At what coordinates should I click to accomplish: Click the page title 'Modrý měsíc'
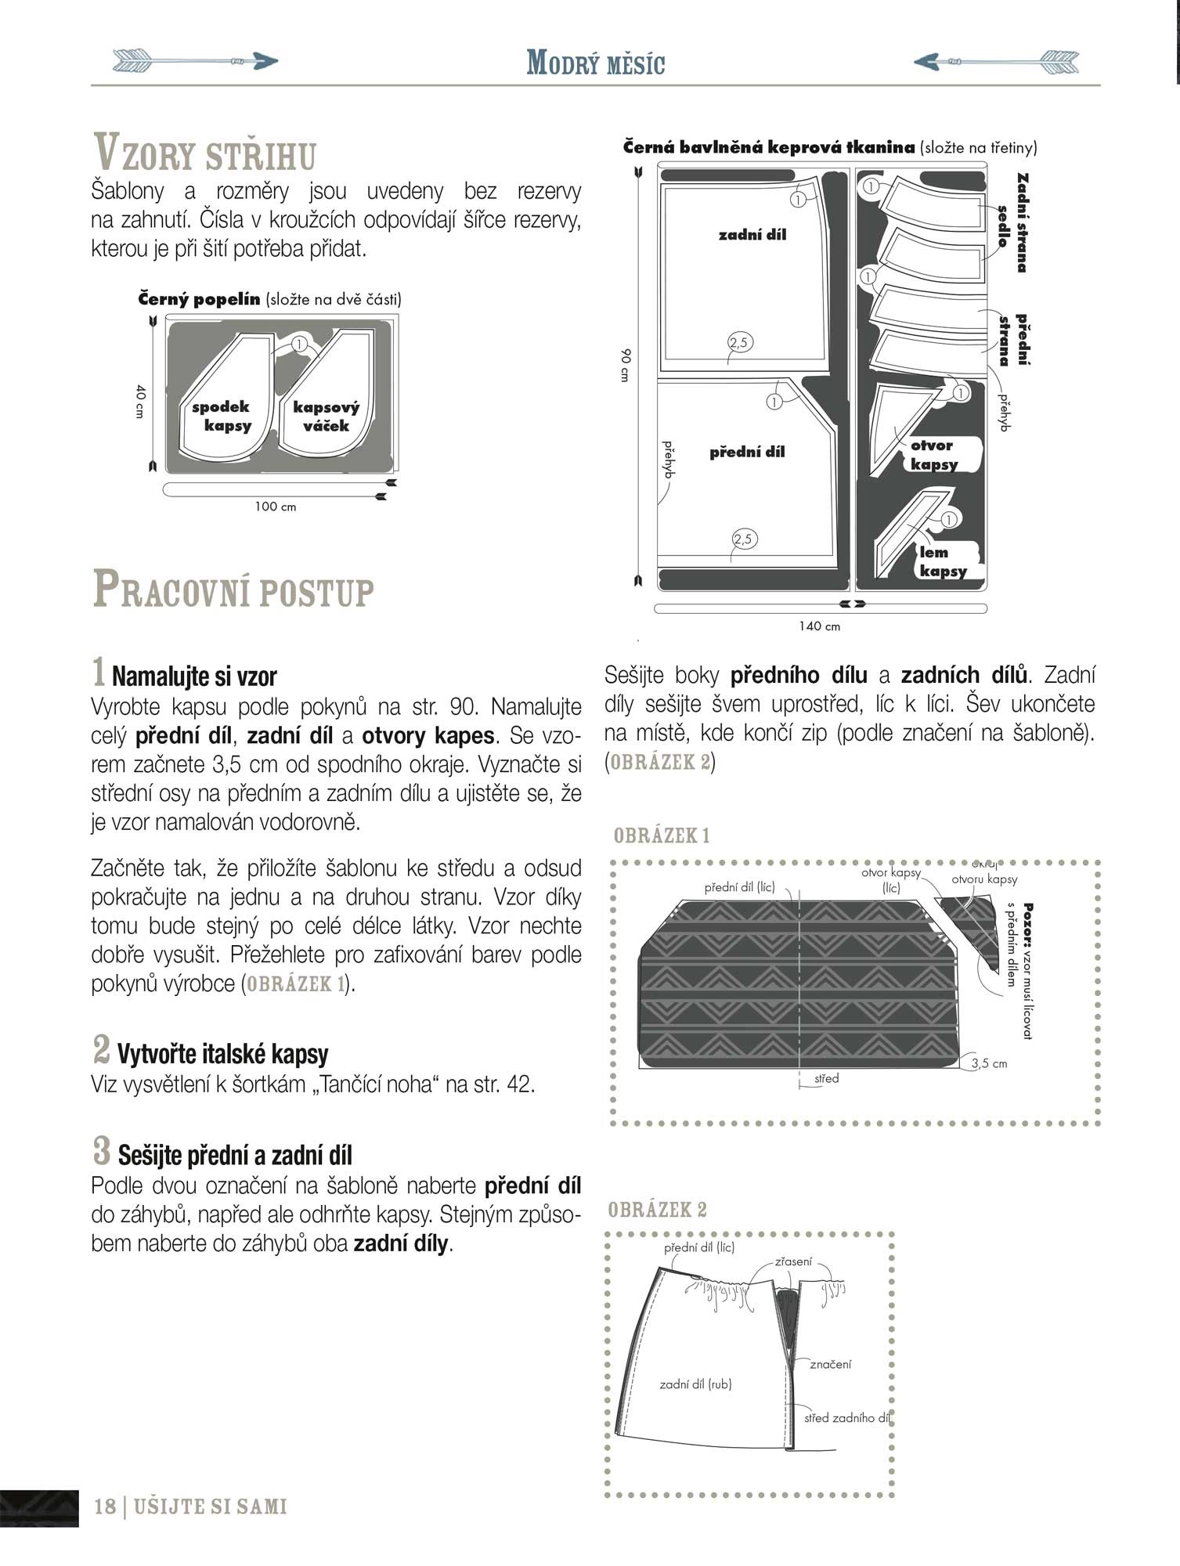[595, 63]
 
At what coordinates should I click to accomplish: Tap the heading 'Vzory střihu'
[205, 153]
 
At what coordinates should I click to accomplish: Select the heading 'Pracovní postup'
[233, 590]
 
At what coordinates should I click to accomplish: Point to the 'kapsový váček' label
[326, 417]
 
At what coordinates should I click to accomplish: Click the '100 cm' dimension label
[276, 507]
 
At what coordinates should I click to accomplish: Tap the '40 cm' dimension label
[140, 400]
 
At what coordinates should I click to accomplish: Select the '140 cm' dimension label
[819, 626]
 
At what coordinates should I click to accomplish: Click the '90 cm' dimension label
[625, 365]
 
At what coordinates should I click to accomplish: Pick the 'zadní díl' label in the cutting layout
[752, 234]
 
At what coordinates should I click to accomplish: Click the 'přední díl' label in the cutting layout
[747, 452]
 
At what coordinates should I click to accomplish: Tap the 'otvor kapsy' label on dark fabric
[933, 454]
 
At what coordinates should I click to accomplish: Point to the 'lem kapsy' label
[942, 561]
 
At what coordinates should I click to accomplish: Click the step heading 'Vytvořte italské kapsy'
[222, 1054]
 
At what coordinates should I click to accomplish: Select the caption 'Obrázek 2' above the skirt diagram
[657, 1210]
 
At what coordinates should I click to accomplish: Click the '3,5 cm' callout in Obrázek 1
[988, 1063]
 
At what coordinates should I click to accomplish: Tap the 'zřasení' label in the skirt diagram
[793, 1261]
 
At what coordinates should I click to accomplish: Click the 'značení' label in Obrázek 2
[830, 1363]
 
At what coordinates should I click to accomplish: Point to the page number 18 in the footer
[105, 1506]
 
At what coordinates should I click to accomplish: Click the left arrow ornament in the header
[196, 60]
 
